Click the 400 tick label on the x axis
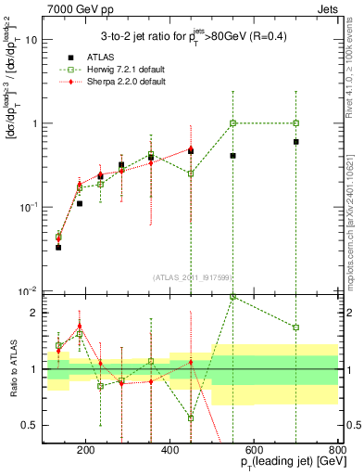pyautogui.click(x=169, y=452)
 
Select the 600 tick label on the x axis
pyautogui.click(x=254, y=452)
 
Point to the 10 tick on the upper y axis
pyautogui.click(x=32, y=40)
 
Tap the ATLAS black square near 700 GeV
pyautogui.click(x=295, y=142)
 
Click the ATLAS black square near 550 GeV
pyautogui.click(x=232, y=156)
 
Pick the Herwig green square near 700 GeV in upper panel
pyautogui.click(x=295, y=122)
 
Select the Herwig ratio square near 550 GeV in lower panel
pyautogui.click(x=232, y=297)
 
